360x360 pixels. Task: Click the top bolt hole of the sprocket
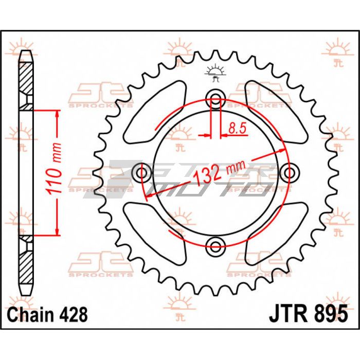coord(215,99)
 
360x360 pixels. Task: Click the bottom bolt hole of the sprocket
coord(215,247)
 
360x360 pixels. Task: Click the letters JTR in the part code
coord(288,314)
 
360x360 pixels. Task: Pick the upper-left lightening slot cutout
coord(155,112)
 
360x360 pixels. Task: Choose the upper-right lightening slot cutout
coord(276,112)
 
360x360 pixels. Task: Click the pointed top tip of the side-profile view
coord(26,51)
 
